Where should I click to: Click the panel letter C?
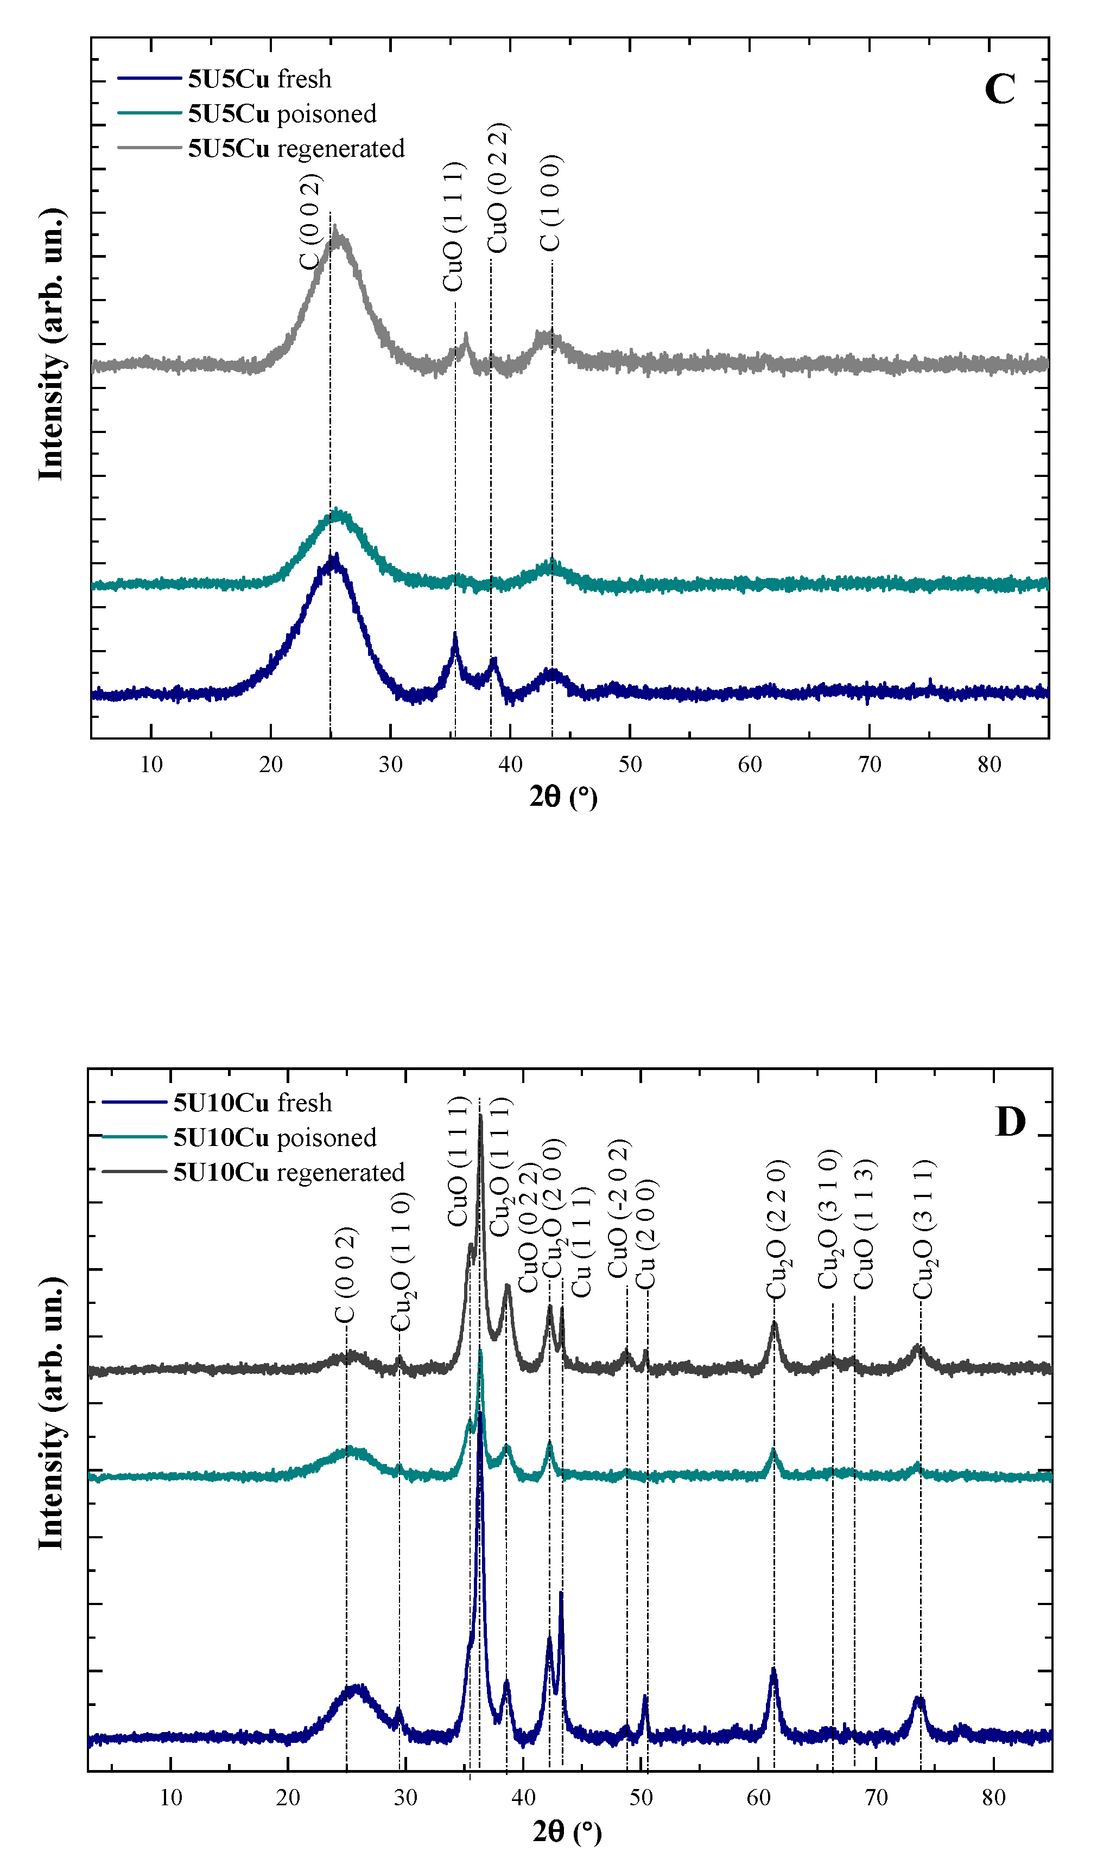tap(999, 90)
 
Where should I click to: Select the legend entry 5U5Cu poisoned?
tap(282, 114)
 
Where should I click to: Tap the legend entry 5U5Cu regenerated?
tap(296, 149)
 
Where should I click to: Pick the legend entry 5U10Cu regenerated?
tap(288, 1173)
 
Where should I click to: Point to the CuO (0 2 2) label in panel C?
tap(498, 188)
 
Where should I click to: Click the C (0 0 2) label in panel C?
tap(310, 222)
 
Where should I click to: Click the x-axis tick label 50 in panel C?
tap(630, 765)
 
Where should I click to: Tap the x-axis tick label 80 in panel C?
tap(989, 765)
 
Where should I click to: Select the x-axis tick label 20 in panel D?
tap(288, 1798)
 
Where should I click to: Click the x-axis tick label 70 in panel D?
tap(876, 1798)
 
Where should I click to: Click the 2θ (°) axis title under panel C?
tap(563, 797)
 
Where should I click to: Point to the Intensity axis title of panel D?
tap(50, 1412)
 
